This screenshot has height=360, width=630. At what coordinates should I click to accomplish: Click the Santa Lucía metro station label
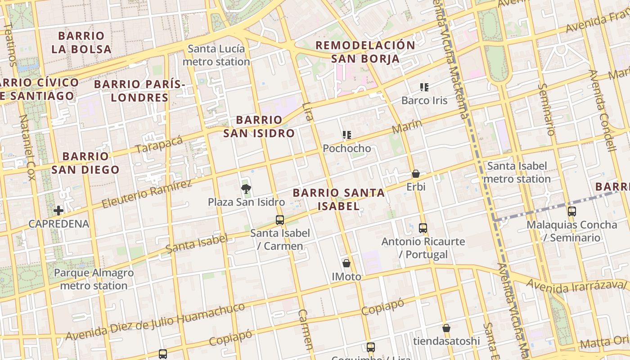(216, 55)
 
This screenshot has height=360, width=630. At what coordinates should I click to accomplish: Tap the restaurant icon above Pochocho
(346, 135)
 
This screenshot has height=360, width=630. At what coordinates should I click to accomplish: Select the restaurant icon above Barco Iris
(424, 87)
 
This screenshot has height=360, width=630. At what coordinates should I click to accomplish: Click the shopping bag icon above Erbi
(416, 174)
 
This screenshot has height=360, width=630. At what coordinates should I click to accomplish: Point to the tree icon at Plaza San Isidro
(246, 189)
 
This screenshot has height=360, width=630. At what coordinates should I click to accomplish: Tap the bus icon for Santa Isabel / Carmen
(280, 220)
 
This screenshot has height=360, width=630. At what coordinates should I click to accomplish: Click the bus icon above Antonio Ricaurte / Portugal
(423, 228)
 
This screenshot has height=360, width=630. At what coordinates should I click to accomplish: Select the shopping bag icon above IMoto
(346, 263)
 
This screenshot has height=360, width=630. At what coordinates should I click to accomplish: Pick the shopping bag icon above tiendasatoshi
(446, 328)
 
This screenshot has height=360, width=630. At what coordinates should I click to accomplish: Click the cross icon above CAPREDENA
(58, 211)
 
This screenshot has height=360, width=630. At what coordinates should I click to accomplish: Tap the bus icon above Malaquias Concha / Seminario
(572, 211)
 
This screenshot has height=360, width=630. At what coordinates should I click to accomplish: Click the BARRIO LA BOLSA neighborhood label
(81, 42)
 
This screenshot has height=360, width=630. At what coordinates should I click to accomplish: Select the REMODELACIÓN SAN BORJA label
(365, 52)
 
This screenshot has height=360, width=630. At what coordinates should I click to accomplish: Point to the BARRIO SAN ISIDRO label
(259, 126)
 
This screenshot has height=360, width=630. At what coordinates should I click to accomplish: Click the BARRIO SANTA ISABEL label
(339, 199)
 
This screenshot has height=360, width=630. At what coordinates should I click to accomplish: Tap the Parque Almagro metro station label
(94, 279)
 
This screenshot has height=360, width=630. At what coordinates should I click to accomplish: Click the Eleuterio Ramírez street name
(147, 194)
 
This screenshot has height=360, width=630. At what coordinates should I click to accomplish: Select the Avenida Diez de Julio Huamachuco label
(155, 322)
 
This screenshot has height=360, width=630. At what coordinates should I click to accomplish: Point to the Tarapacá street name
(159, 144)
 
